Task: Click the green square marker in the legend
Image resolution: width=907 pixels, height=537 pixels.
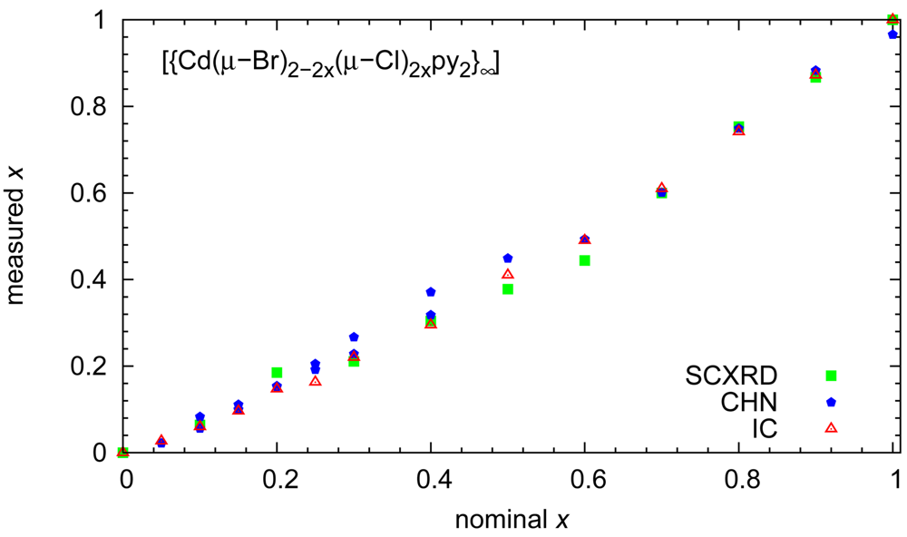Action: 831,376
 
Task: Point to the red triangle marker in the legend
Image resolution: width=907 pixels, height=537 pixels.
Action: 831,426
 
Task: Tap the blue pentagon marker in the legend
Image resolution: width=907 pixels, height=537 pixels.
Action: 831,401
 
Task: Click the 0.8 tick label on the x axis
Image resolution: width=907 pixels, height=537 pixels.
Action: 741,480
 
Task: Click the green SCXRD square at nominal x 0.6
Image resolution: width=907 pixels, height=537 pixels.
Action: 585,260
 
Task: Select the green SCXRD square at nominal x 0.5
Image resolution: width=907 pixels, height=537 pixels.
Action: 508,289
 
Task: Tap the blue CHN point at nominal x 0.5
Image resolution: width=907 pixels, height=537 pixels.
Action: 508,259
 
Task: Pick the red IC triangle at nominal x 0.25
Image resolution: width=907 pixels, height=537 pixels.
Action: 315,381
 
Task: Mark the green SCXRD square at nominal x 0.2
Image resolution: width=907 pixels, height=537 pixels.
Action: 277,373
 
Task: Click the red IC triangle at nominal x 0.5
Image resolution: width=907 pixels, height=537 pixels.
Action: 508,274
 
